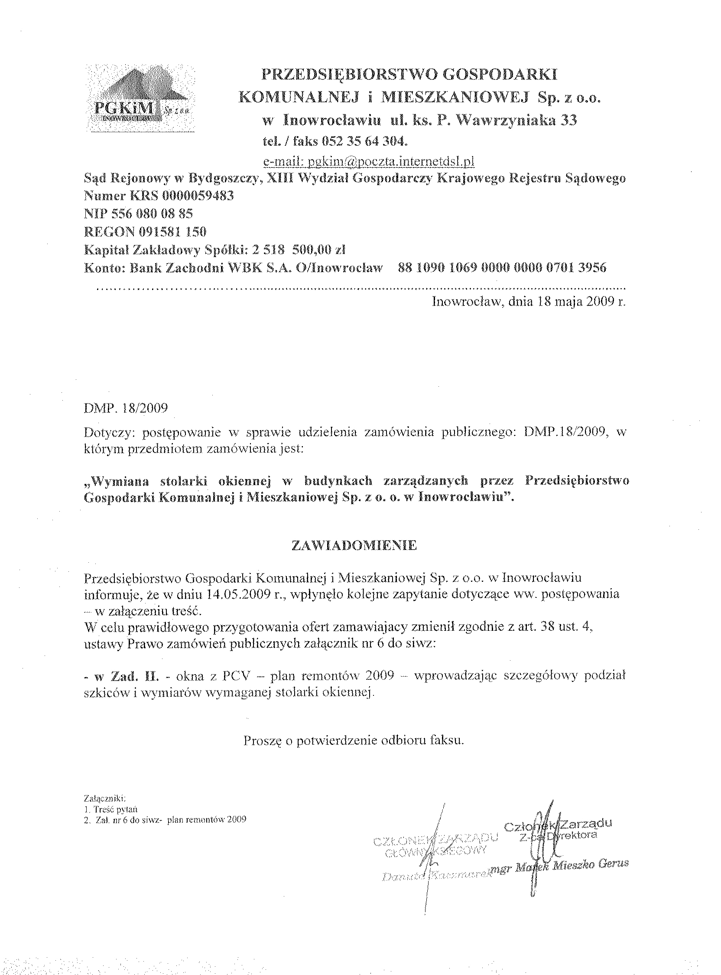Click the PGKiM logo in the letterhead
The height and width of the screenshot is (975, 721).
(x=141, y=98)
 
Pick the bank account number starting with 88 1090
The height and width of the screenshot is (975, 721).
(x=502, y=267)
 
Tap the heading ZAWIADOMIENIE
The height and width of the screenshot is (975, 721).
(x=354, y=546)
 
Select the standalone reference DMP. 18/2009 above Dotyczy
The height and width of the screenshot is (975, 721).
(x=126, y=408)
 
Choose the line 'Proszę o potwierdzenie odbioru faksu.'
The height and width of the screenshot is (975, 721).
(x=354, y=740)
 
